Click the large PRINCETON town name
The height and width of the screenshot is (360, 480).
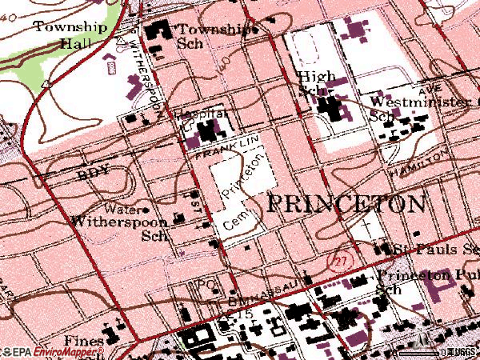(x=345, y=203)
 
